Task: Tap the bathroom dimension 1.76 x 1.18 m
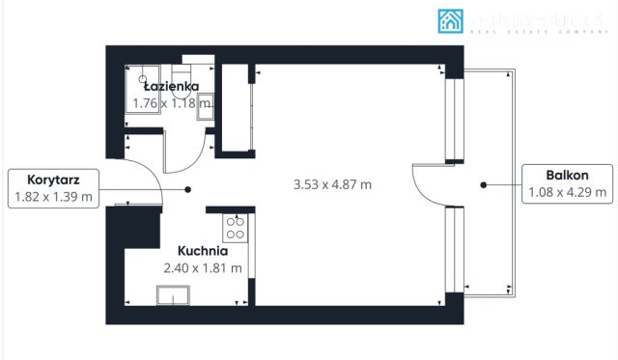point(171,101)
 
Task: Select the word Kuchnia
point(203,251)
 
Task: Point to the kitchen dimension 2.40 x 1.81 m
point(203,267)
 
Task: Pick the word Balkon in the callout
point(567,175)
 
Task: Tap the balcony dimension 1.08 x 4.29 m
point(567,192)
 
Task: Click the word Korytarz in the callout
point(53,180)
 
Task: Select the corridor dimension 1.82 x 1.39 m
point(53,197)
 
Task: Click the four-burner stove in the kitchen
point(235,228)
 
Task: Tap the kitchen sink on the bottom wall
point(176,295)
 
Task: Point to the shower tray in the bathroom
point(145,87)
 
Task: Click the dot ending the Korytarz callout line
point(188,189)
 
